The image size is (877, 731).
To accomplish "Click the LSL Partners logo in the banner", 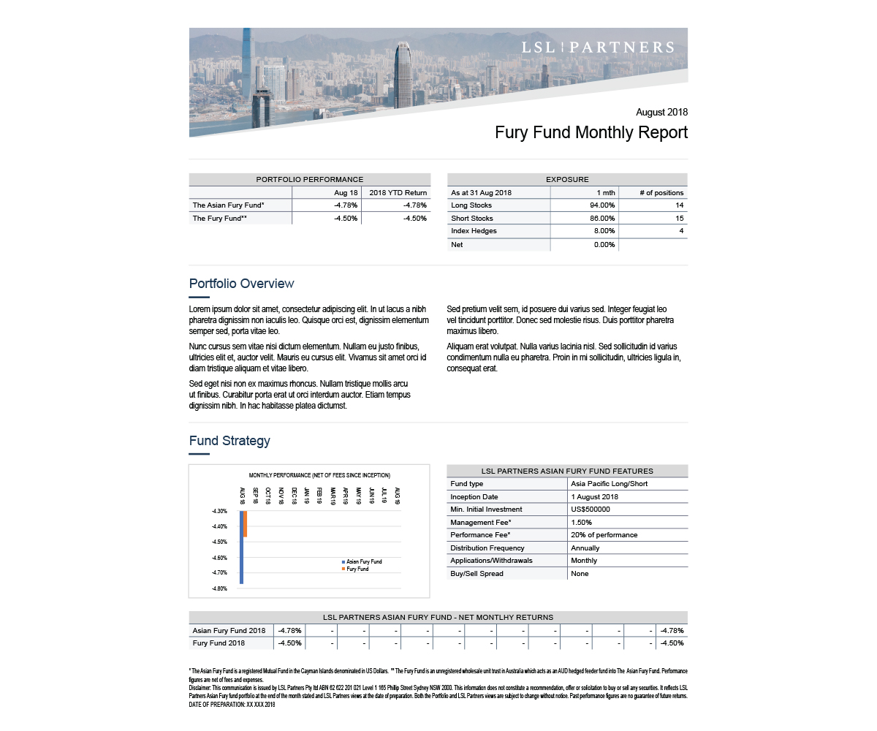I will (x=597, y=48).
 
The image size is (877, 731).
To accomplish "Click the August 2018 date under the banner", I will (x=661, y=113).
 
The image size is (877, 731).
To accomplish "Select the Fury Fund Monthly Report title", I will (x=591, y=133).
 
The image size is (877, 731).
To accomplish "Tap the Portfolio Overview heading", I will (x=241, y=284).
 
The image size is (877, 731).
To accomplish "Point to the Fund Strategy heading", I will (x=229, y=441).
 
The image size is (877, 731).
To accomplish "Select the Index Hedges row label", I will (x=474, y=231).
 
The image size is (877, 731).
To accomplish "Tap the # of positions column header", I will (x=661, y=192).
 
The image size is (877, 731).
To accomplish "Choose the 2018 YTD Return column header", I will (x=398, y=192).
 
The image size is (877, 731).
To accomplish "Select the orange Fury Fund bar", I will (x=246, y=524).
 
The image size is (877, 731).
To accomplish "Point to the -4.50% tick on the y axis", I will (x=220, y=542).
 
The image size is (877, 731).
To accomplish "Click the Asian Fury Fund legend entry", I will (x=363, y=561).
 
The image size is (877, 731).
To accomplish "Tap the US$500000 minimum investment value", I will (x=590, y=510).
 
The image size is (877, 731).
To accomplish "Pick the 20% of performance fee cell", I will (x=604, y=535).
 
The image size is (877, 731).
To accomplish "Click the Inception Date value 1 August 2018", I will (x=594, y=497).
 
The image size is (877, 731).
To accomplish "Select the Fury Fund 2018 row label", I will (x=219, y=643).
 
